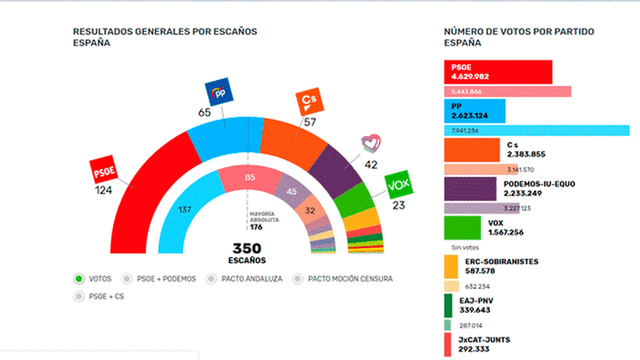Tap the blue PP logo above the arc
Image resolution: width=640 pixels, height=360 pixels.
pyautogui.click(x=219, y=92)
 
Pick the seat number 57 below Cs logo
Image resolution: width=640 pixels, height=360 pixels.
pyautogui.click(x=308, y=121)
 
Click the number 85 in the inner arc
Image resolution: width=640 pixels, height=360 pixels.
pyautogui.click(x=250, y=178)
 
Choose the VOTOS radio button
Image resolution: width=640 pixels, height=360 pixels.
pyautogui.click(x=79, y=278)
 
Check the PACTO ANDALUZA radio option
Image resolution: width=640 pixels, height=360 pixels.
pyautogui.click(x=211, y=278)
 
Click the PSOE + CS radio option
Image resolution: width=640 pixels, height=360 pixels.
pyautogui.click(x=79, y=295)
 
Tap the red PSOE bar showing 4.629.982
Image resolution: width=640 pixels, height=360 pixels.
pyautogui.click(x=498, y=72)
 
